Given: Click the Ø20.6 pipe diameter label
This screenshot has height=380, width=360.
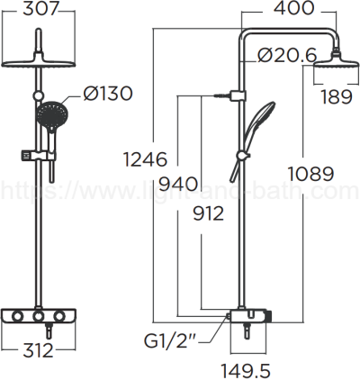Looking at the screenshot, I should [x=286, y=55].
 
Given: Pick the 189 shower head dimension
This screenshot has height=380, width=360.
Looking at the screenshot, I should [x=335, y=96].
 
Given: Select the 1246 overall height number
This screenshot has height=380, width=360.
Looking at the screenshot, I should [x=146, y=159].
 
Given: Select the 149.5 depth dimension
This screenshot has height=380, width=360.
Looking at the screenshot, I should [x=248, y=370].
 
